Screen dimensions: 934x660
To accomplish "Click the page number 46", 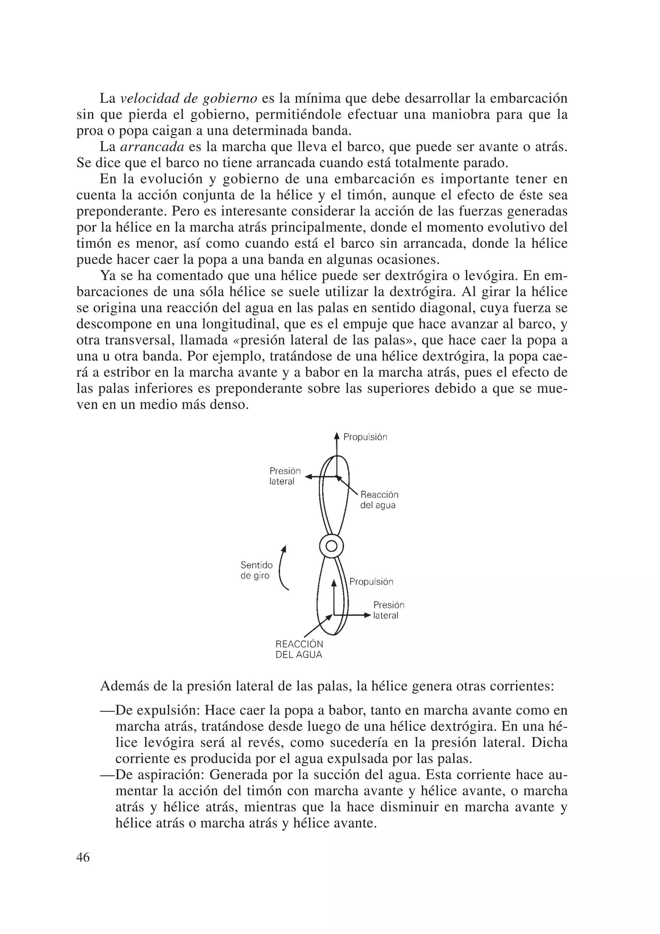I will point(83,858).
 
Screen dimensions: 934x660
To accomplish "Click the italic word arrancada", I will point(152,147).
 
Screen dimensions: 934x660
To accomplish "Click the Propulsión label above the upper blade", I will point(365,437).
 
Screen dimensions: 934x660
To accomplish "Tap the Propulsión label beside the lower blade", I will point(371,582).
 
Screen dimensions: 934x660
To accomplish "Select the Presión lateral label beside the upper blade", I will point(285,476).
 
